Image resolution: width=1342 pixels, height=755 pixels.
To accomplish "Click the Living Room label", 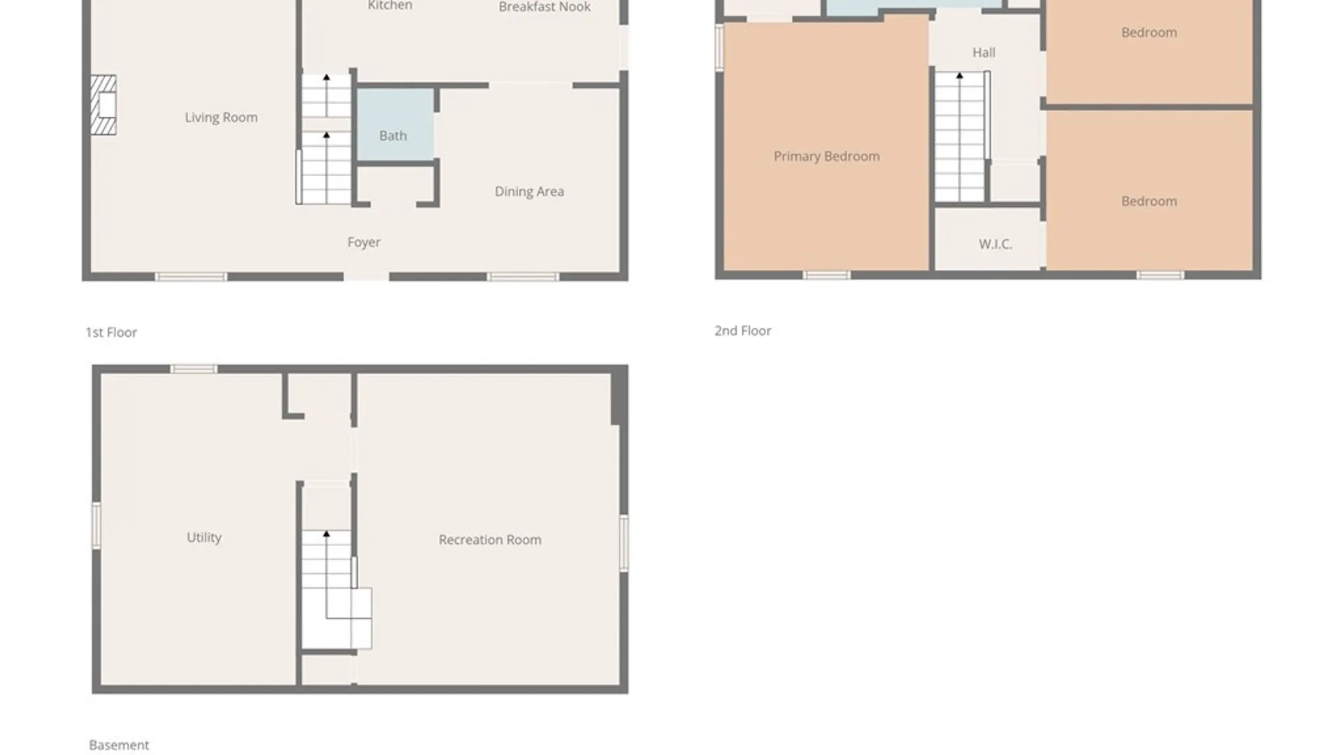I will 221,117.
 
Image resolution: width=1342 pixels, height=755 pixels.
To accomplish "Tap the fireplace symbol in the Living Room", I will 103,105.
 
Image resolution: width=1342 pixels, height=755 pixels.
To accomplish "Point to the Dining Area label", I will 529,192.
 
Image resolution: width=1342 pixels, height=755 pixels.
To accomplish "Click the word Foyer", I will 363,242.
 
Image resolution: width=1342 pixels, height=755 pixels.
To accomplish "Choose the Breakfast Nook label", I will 544,7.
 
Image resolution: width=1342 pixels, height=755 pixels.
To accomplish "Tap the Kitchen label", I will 390,6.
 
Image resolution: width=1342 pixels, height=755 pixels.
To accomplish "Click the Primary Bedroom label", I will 826,157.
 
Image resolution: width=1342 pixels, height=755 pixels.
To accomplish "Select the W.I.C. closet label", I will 995,244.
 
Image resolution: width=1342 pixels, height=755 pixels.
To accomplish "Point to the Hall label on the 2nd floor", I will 983,52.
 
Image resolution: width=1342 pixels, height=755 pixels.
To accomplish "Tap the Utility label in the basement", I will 204,537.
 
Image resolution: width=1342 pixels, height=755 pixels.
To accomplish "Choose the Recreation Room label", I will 489,540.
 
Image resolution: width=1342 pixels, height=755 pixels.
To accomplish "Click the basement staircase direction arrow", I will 326,534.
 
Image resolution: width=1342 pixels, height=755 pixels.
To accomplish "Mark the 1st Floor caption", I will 111,333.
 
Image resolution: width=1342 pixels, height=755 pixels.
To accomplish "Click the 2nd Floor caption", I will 742,331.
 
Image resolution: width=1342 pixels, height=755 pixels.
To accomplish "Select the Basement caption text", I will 119,745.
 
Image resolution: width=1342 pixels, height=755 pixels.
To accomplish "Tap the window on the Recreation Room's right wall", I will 623,543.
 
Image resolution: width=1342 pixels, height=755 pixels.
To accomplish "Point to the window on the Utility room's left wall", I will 96,524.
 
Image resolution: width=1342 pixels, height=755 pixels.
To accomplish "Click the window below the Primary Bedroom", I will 825,275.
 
